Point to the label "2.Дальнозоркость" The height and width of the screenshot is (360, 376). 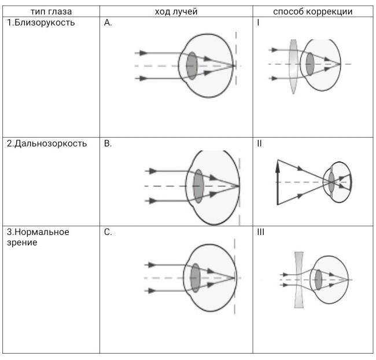point(46,144)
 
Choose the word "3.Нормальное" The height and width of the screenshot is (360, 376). point(38,232)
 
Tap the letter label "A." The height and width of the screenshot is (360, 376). point(108,23)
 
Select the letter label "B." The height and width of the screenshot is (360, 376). point(108,144)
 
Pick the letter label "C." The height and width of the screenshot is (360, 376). point(108,232)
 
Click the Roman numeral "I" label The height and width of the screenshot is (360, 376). point(258,23)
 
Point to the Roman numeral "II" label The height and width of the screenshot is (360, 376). point(259,144)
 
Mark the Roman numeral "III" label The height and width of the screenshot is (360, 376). point(260,232)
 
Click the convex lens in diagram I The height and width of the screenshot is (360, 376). point(293,66)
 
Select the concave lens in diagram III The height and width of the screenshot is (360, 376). point(299,280)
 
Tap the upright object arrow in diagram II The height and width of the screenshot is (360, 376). point(278,182)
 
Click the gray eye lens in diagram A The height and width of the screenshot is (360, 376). point(191,65)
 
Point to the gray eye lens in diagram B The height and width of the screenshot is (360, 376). point(199,186)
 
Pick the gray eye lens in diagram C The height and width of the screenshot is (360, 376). point(196,278)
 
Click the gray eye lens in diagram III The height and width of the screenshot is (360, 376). point(318,280)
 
